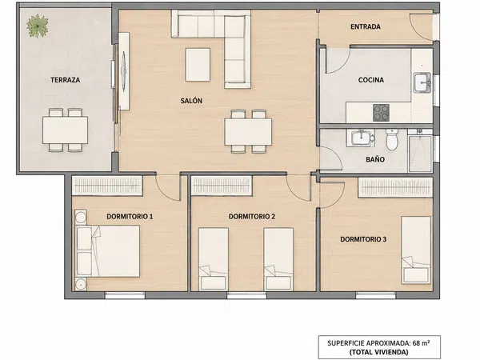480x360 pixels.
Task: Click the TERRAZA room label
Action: (66, 80)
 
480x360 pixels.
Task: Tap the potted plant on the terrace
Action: (38, 26)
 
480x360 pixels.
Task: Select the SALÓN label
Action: (191, 101)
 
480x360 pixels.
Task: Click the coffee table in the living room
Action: (198, 65)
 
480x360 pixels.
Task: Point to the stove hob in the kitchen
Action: (381, 113)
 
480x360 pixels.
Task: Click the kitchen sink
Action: (422, 82)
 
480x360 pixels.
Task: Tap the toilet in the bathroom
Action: (392, 139)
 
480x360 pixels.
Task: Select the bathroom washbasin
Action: (361, 138)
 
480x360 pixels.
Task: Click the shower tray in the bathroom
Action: (420, 154)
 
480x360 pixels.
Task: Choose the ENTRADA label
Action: (366, 27)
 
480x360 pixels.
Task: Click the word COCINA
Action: (371, 80)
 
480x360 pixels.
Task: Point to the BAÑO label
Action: (375, 159)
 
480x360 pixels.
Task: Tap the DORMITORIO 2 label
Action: (252, 217)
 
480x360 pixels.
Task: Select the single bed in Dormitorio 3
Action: (416, 250)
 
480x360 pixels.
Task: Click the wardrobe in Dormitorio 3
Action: (395, 187)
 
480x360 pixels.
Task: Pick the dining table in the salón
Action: (248, 132)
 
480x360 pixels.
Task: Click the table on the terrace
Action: (66, 130)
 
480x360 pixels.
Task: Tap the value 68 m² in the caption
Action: (421, 343)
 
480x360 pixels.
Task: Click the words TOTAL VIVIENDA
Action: (379, 352)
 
